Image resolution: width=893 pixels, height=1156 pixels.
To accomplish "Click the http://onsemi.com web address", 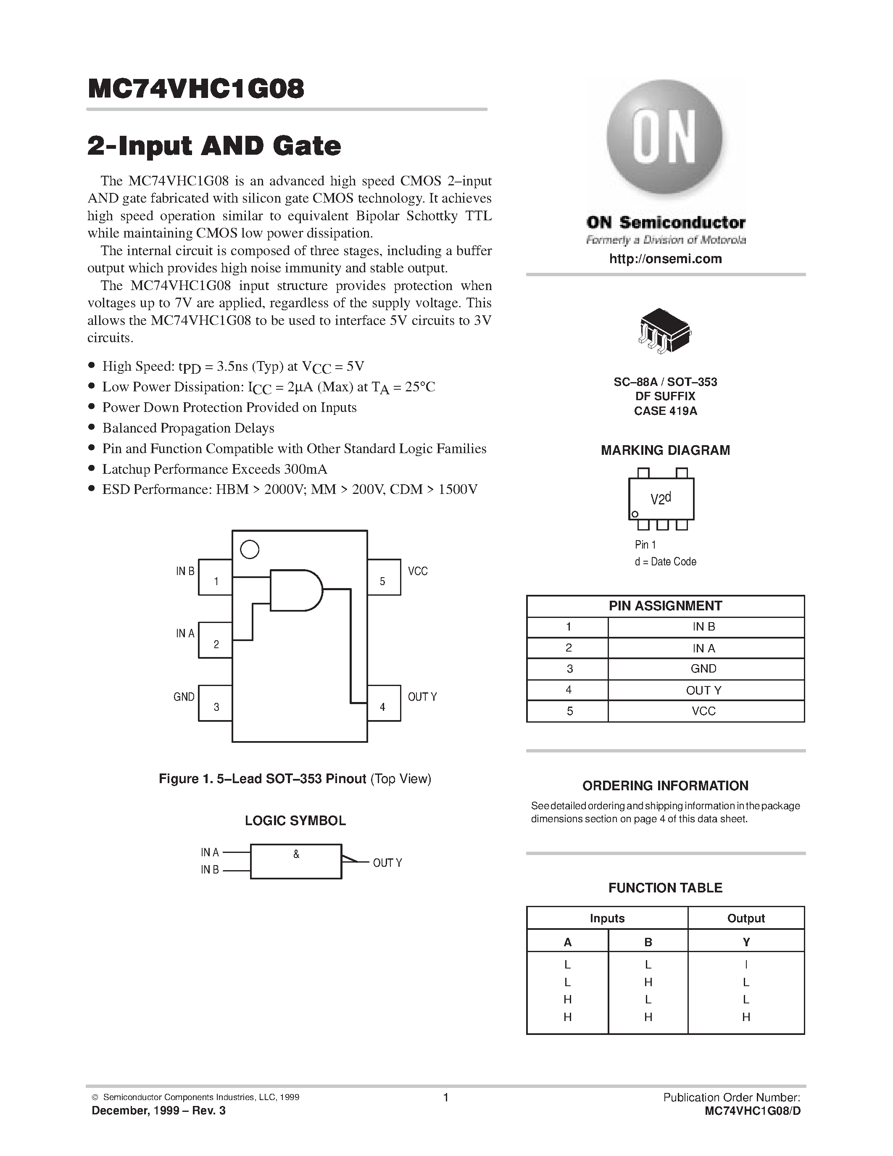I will coord(665,259).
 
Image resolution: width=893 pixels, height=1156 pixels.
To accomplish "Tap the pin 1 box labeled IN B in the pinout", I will coord(215,578).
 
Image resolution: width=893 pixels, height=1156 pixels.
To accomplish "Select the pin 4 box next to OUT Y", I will coord(384,703).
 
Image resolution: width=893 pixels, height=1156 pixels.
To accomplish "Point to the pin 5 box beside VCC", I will coord(384,578).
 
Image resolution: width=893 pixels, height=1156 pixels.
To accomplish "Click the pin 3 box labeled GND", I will coord(215,703).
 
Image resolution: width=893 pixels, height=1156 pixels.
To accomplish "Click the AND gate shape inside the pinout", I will coord(295,590).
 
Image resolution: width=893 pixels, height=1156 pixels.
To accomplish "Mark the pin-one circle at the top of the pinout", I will coord(250,549).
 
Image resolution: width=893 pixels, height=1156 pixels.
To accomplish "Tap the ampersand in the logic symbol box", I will coord(296,854).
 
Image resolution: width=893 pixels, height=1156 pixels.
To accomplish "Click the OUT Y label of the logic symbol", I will coord(387,863).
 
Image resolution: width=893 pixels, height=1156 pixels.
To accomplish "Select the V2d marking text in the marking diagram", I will coord(661,499).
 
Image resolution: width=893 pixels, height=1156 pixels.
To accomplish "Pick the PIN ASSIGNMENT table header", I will coord(665,606).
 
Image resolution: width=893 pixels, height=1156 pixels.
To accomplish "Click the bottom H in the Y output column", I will coord(746,1017).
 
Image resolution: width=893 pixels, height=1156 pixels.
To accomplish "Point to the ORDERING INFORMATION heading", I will coord(665,786).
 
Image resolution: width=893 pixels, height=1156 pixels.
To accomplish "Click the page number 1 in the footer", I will coord(445,1097).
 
